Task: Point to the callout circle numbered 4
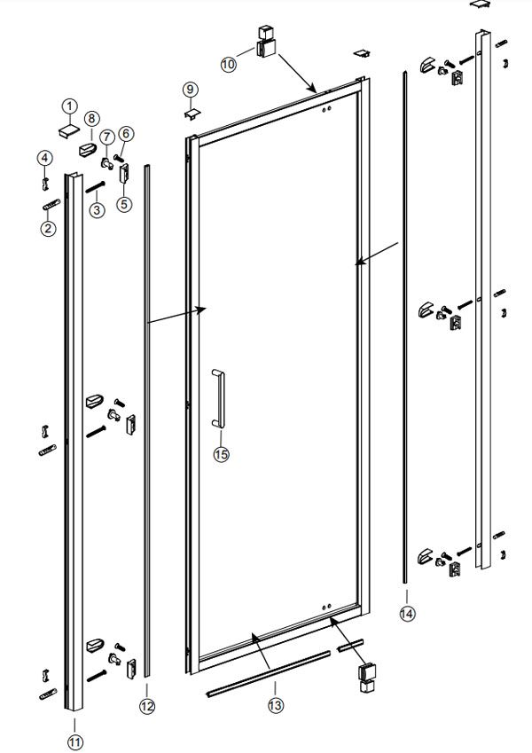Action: (x=43, y=158)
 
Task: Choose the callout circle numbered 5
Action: (x=124, y=204)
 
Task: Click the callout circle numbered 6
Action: (x=125, y=134)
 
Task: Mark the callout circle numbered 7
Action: (x=106, y=137)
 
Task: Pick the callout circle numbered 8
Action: (x=90, y=118)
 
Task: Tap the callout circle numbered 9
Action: (x=191, y=89)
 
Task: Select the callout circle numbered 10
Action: (x=229, y=64)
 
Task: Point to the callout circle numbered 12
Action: (x=147, y=706)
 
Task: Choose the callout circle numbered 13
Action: (x=276, y=705)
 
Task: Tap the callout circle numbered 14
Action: (x=406, y=612)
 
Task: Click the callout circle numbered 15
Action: (x=221, y=453)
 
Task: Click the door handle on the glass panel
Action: (x=218, y=399)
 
